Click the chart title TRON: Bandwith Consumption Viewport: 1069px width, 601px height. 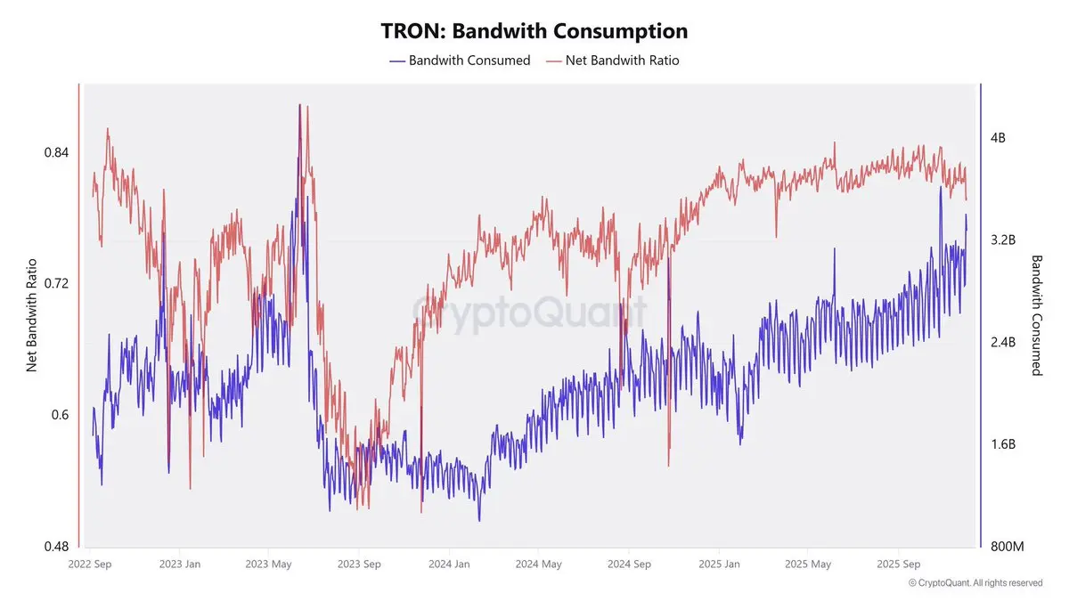534,30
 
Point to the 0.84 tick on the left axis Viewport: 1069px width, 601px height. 56,152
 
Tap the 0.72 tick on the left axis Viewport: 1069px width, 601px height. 56,283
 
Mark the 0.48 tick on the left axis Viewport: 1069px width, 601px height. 56,546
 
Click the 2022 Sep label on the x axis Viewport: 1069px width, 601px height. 90,564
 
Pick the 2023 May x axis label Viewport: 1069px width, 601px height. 269,564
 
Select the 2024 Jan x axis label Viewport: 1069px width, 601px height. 449,564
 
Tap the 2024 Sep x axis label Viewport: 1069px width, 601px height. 630,564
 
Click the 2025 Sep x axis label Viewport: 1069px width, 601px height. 899,564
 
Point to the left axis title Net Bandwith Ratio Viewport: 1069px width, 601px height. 31,315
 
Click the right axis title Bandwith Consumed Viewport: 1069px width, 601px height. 1037,315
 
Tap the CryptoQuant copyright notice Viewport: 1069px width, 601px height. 975,583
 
